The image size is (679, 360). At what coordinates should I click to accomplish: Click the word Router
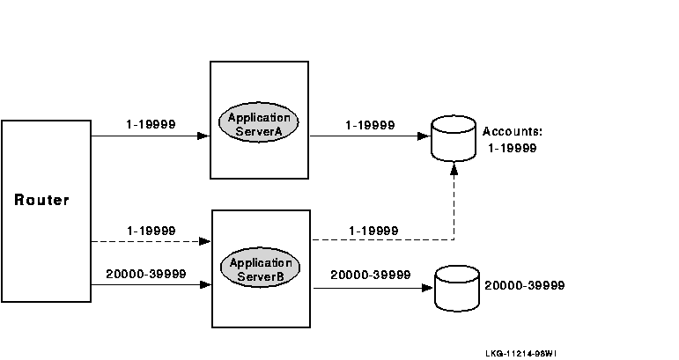pyautogui.click(x=41, y=201)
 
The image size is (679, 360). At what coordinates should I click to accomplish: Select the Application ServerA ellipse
pyautogui.click(x=260, y=124)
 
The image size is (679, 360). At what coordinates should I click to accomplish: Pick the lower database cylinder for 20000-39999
pyautogui.click(x=455, y=287)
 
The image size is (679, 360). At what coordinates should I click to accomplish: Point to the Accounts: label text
pyautogui.click(x=512, y=131)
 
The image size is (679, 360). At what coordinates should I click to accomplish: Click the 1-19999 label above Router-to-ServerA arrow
pyautogui.click(x=151, y=124)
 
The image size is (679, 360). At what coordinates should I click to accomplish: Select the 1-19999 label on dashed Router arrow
pyautogui.click(x=151, y=230)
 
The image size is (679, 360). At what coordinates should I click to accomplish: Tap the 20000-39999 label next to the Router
pyautogui.click(x=145, y=274)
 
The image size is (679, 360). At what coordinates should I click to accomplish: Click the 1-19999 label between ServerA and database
pyautogui.click(x=370, y=124)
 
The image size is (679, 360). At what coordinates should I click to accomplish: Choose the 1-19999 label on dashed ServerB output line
pyautogui.click(x=373, y=231)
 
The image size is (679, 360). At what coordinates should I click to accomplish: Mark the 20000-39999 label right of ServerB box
pyautogui.click(x=371, y=275)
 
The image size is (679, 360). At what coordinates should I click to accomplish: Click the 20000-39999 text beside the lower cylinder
pyautogui.click(x=524, y=286)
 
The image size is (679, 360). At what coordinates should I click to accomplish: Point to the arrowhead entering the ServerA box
pyautogui.click(x=204, y=136)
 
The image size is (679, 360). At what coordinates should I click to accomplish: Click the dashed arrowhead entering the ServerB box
pyautogui.click(x=206, y=241)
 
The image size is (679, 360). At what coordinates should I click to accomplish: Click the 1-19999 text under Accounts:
pyautogui.click(x=512, y=148)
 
